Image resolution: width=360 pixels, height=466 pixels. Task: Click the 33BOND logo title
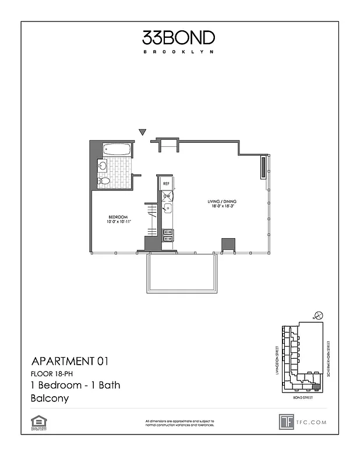click(179, 38)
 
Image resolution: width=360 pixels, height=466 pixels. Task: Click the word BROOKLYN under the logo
click(179, 52)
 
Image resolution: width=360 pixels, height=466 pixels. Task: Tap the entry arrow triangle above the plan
click(142, 132)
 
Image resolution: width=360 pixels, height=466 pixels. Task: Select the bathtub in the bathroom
click(117, 150)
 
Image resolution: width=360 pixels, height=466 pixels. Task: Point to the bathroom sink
click(103, 166)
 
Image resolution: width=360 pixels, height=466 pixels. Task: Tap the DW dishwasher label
click(166, 196)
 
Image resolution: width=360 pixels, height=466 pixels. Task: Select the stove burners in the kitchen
click(167, 234)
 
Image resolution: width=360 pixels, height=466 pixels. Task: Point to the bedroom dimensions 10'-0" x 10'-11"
click(119, 222)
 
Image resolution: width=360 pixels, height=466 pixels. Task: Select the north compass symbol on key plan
click(318, 315)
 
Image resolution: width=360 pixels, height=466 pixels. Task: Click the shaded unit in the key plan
click(316, 386)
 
